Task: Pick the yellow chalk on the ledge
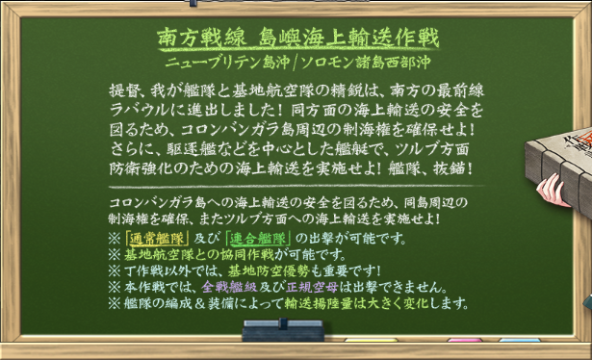point(371,340)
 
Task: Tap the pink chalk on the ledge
point(466,340)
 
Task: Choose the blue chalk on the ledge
point(520,340)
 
